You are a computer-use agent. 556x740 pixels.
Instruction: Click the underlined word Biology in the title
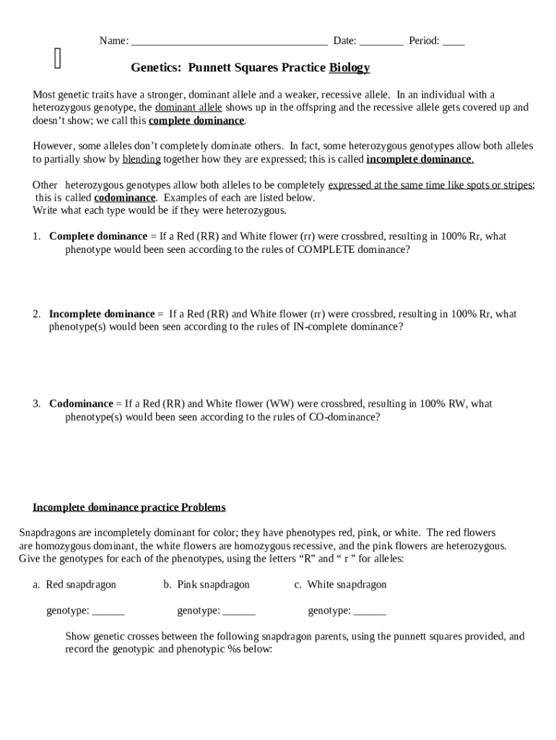349,68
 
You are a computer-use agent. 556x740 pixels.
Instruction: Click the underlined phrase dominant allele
188,108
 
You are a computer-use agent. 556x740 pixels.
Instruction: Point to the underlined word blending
142,159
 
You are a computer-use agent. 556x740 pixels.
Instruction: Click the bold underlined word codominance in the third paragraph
124,198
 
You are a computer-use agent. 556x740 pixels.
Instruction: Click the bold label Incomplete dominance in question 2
102,314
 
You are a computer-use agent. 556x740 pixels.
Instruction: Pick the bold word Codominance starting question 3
81,404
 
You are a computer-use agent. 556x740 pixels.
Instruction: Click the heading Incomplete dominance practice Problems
129,507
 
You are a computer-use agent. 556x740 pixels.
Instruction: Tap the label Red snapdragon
80,585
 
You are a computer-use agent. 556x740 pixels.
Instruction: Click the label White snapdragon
347,585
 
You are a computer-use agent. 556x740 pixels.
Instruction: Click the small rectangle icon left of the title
58,59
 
